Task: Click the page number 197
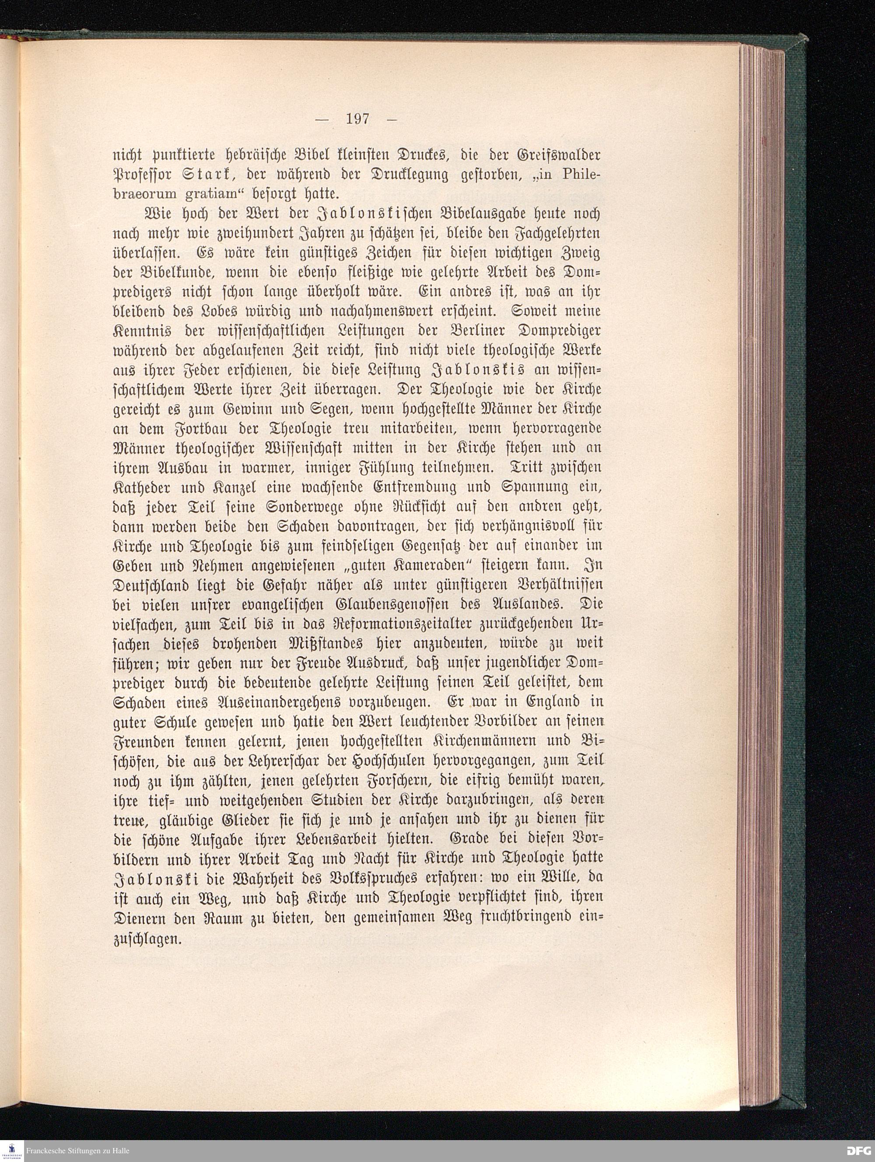point(358,119)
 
